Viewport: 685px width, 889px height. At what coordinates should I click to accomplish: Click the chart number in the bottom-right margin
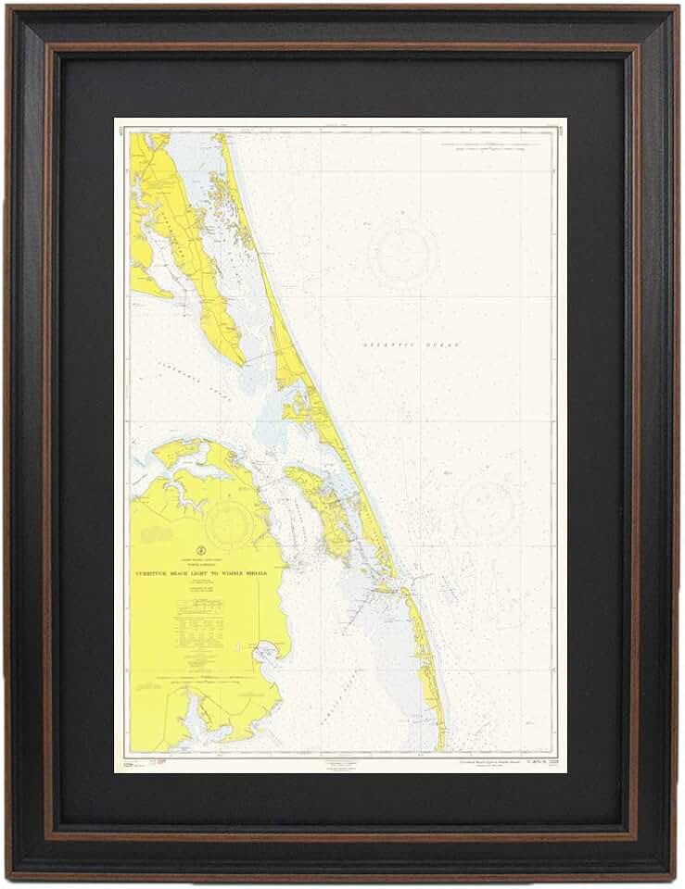coord(540,762)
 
